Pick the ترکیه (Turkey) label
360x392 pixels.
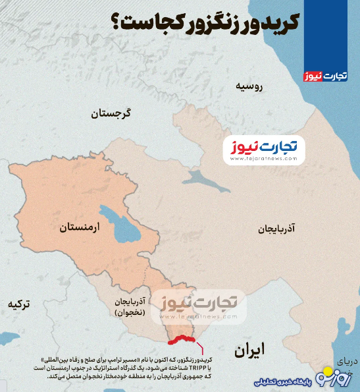point(18,304)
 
